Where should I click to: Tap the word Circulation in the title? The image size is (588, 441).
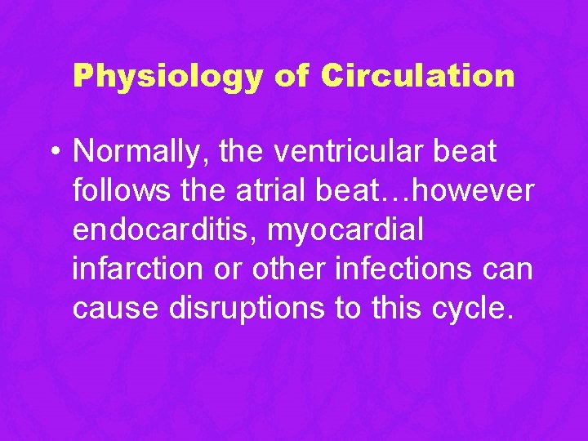[417, 76]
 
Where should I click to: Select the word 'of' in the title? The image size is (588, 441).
[290, 76]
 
